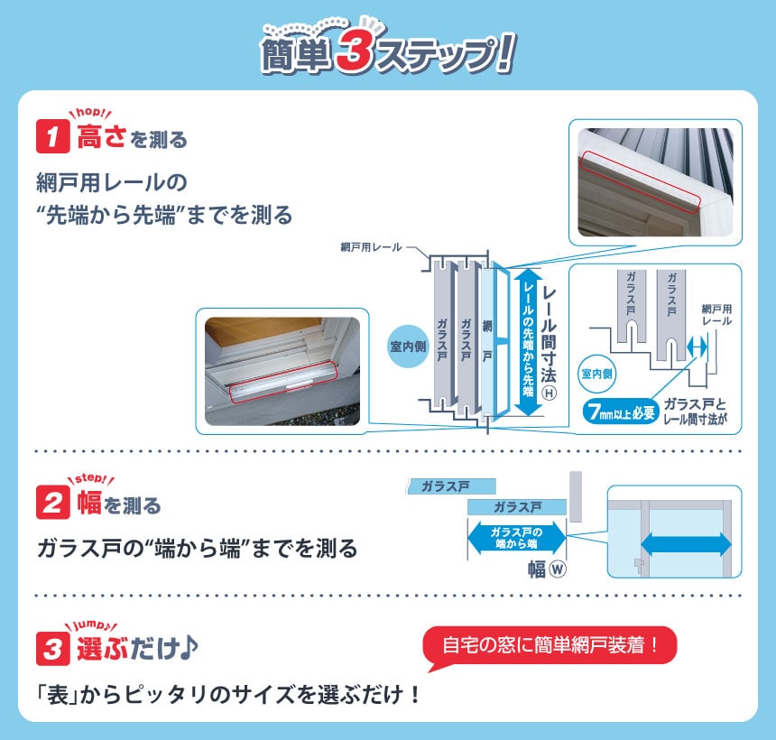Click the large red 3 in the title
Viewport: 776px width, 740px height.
[x=359, y=55]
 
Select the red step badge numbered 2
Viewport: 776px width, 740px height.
[x=53, y=503]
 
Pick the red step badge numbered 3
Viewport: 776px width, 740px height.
[x=53, y=647]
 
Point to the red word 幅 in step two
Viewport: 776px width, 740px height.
[x=88, y=503]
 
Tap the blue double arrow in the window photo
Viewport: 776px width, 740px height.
[x=686, y=544]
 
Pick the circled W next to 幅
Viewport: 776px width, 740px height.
[x=557, y=570]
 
